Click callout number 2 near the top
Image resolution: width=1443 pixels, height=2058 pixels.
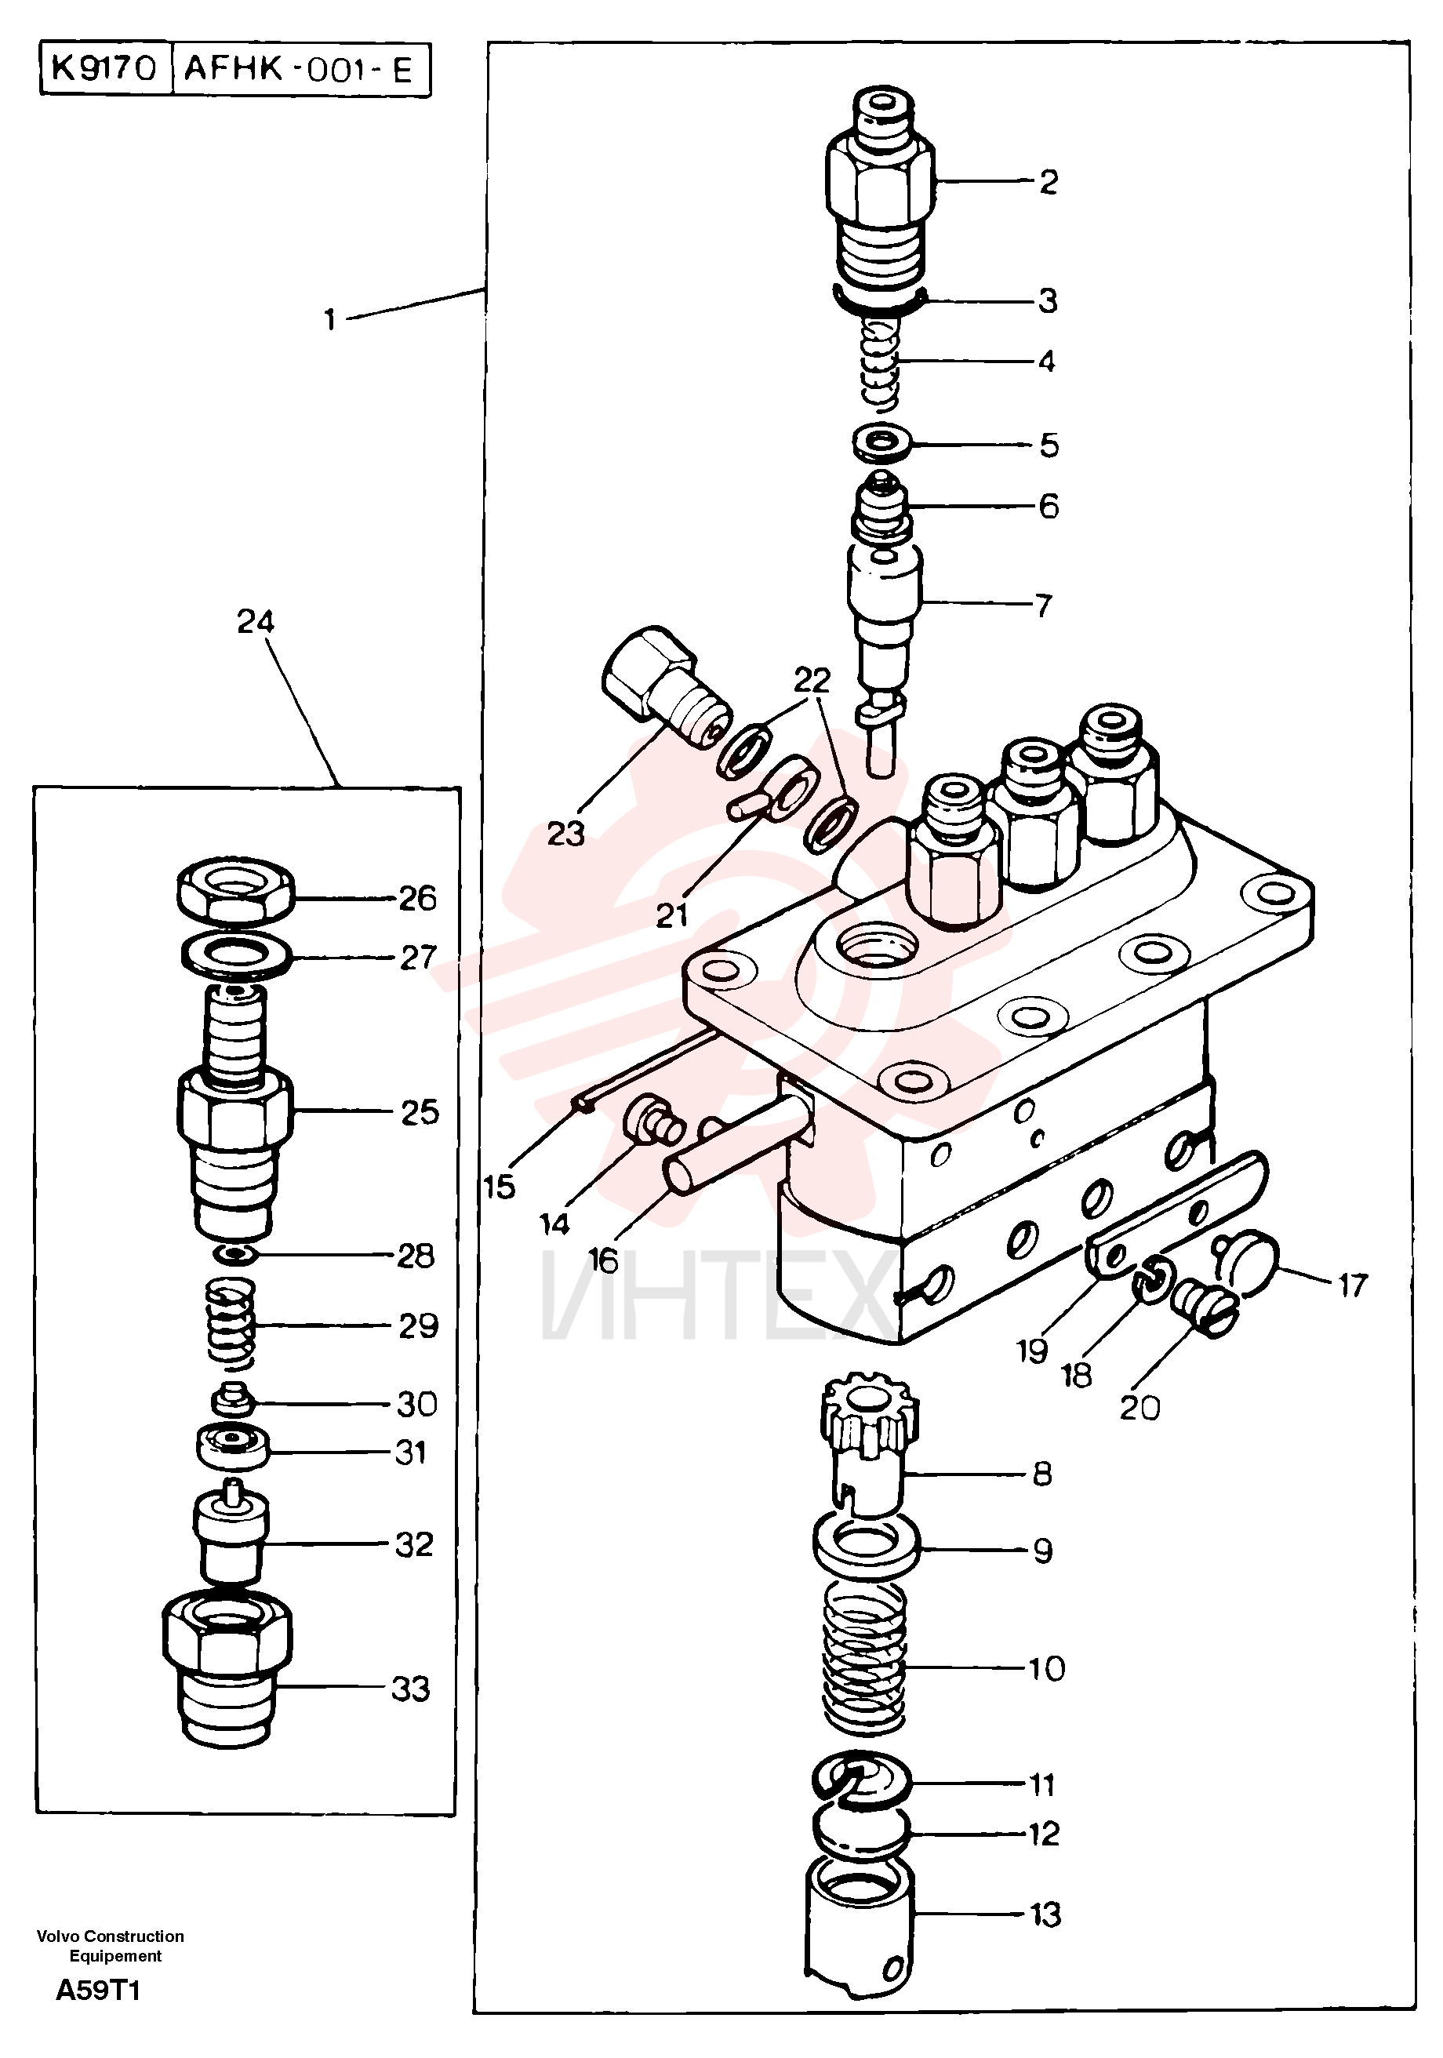[x=1048, y=182]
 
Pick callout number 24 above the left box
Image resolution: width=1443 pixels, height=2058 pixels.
[x=256, y=621]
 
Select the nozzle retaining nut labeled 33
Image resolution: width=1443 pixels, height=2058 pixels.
[x=227, y=1668]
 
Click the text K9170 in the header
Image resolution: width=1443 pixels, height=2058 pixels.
[x=105, y=69]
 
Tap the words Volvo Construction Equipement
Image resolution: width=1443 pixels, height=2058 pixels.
[x=111, y=1946]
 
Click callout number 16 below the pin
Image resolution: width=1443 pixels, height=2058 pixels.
[x=604, y=1260]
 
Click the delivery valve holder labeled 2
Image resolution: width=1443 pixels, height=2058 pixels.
[x=878, y=195]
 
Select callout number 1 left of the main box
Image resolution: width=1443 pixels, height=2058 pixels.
[x=330, y=319]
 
